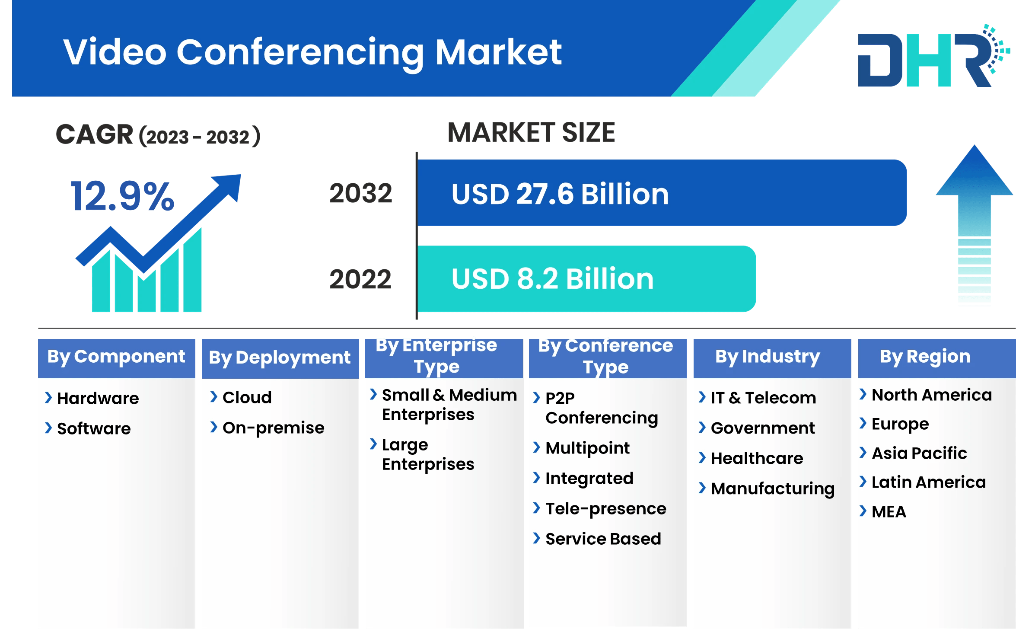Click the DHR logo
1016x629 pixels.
tap(929, 58)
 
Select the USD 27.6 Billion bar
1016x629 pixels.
tap(661, 193)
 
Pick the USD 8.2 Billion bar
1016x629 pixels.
tap(586, 279)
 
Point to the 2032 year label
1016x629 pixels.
tap(361, 193)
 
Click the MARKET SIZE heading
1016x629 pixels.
tap(531, 133)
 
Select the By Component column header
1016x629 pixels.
tap(116, 357)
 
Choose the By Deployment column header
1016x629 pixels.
tap(280, 358)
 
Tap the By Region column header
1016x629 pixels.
tap(925, 357)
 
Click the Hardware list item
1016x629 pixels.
tap(98, 398)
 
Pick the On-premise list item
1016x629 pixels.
tap(273, 428)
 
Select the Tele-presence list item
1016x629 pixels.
tap(605, 509)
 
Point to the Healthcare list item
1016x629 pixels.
tap(757, 458)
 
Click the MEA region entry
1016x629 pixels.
tap(889, 512)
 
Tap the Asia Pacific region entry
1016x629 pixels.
tap(919, 453)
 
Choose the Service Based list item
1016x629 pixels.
tap(603, 539)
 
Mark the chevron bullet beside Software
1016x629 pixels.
tap(48, 428)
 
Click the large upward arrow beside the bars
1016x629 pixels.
tap(974, 225)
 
